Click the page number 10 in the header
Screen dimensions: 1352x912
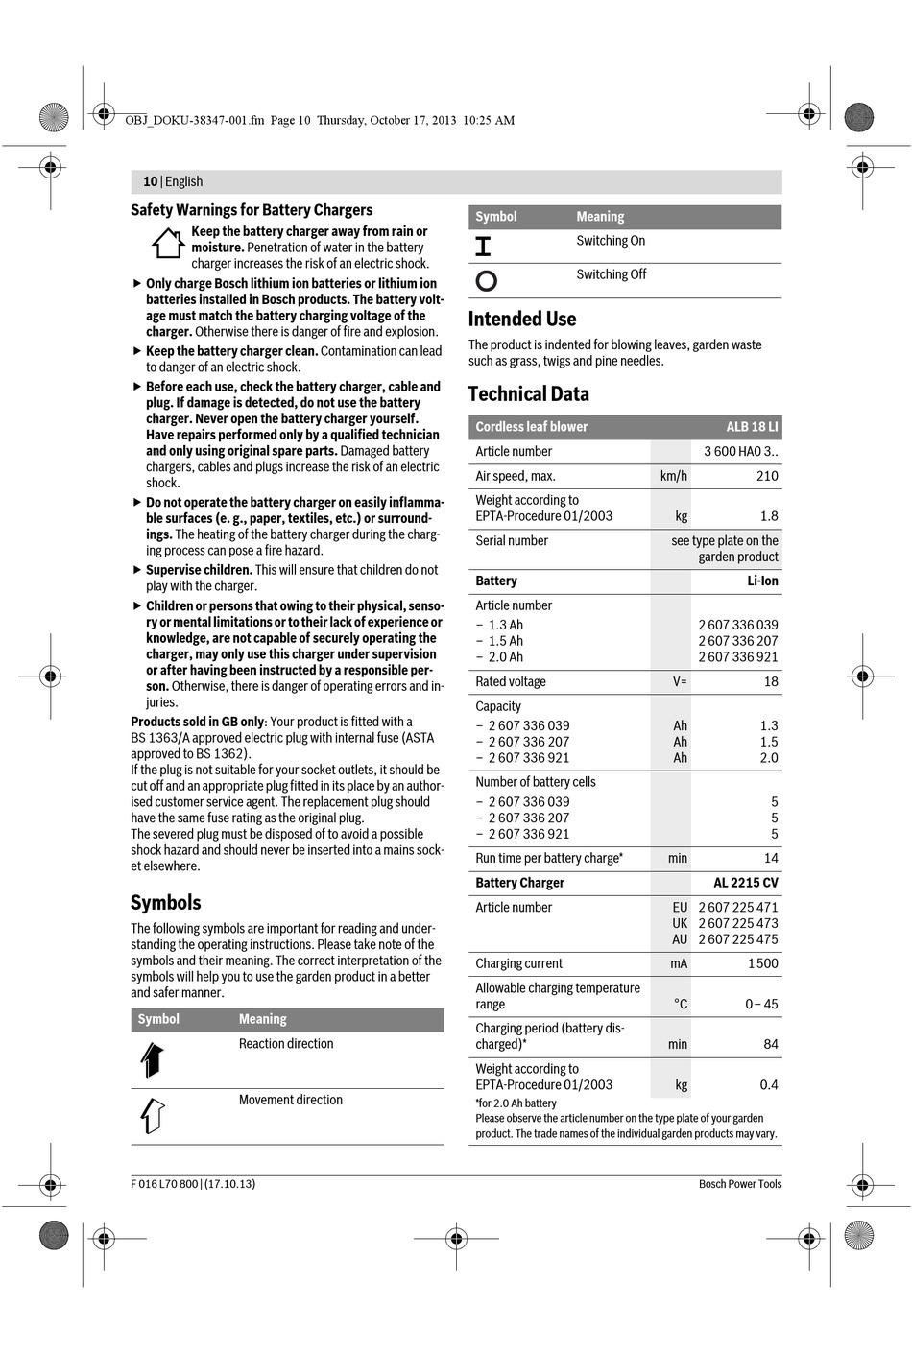pos(150,181)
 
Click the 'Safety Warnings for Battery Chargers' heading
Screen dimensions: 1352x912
pos(252,210)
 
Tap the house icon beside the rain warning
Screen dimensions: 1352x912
pos(168,244)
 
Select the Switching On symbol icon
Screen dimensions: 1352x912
pos(483,247)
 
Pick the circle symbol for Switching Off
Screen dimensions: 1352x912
pos(487,280)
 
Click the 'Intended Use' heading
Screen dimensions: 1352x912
pos(522,320)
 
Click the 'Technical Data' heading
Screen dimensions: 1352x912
pos(528,394)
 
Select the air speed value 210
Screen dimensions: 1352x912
pos(767,476)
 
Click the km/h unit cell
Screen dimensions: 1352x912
pos(673,476)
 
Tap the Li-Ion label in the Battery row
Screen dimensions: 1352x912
pos(762,581)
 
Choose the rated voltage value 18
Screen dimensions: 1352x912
pos(771,682)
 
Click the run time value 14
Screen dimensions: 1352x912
pos(771,859)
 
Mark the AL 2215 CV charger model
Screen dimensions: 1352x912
pos(746,883)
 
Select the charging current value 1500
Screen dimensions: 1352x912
pos(763,963)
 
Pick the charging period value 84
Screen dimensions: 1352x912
pos(771,1044)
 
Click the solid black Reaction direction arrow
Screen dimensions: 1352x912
pos(153,1059)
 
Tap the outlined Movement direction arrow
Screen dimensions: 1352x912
pos(153,1115)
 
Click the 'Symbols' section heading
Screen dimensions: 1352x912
pos(166,903)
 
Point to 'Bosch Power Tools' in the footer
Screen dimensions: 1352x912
pos(739,1184)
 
